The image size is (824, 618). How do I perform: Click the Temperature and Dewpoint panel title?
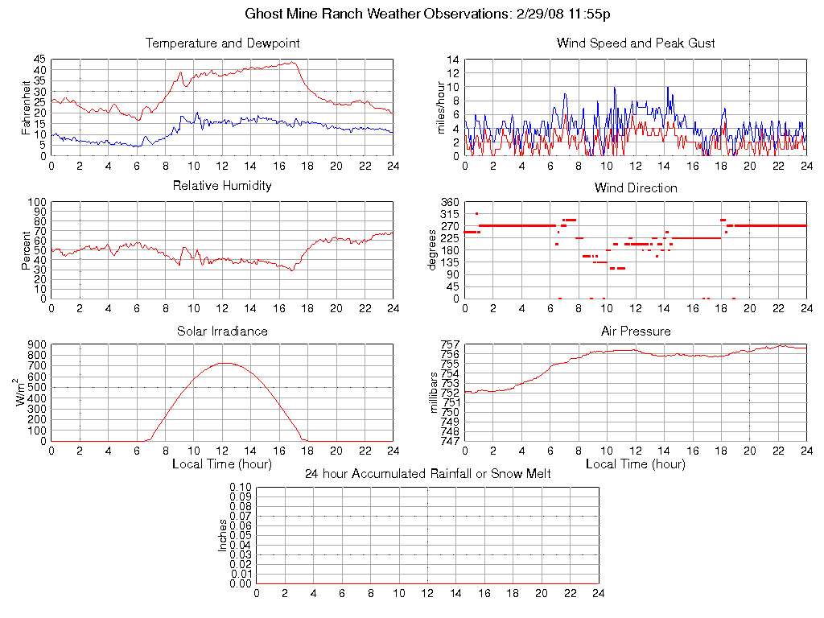click(x=223, y=43)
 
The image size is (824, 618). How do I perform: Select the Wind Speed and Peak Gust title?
click(x=636, y=43)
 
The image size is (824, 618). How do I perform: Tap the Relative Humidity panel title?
click(x=223, y=186)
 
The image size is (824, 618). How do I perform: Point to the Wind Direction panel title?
click(x=636, y=187)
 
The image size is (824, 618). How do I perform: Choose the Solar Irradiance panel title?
click(x=223, y=331)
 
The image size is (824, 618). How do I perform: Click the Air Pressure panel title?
click(x=636, y=331)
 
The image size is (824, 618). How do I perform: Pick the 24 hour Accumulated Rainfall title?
click(x=427, y=474)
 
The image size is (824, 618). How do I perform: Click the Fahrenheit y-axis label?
click(x=27, y=107)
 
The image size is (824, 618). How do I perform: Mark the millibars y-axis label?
click(x=435, y=393)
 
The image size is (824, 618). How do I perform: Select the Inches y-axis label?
click(x=223, y=535)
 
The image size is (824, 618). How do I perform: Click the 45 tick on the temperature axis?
click(x=39, y=60)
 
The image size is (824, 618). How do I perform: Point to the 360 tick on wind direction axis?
click(x=449, y=203)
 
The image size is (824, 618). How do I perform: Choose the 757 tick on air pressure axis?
click(x=449, y=345)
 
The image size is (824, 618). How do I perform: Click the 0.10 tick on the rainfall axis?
click(x=241, y=488)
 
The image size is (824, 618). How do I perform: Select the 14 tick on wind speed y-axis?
click(x=453, y=60)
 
